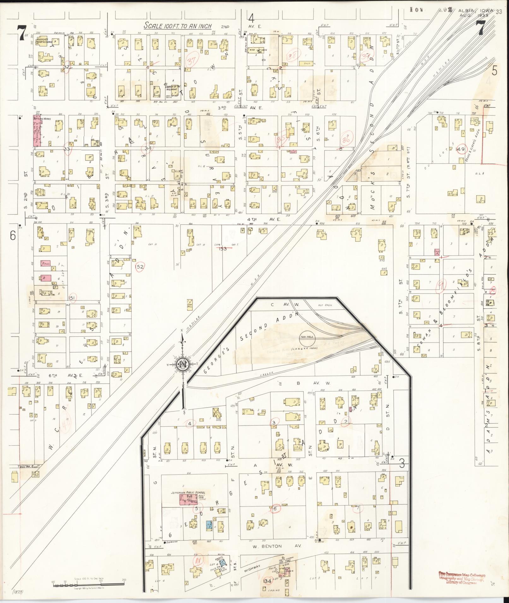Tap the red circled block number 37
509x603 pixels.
point(191,61)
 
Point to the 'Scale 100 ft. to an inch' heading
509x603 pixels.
point(178,26)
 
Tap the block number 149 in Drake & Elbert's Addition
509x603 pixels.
point(460,149)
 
